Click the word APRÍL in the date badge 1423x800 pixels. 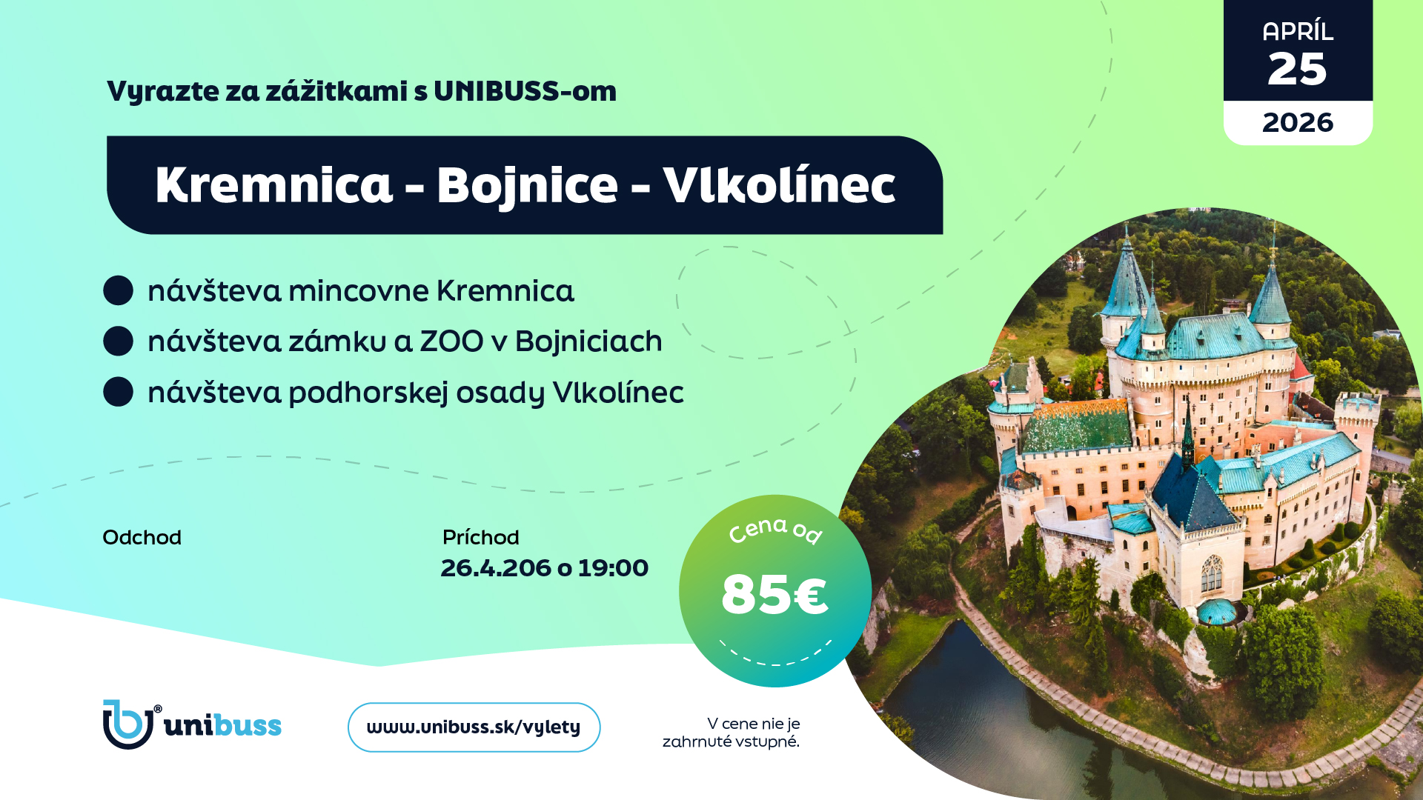coord(1298,31)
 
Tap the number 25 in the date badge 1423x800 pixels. coord(1297,70)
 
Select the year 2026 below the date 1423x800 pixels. coord(1298,122)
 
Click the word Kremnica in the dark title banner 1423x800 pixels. coord(273,184)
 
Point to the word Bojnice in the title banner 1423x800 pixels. coord(527,186)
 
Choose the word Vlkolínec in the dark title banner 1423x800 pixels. coord(779,184)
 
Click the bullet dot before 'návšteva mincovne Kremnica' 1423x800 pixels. coord(119,290)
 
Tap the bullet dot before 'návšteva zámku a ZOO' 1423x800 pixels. coord(119,341)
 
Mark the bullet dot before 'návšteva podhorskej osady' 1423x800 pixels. coord(119,392)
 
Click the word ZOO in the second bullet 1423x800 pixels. coord(451,341)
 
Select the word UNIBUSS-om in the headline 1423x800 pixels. coord(525,91)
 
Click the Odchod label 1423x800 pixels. coord(142,537)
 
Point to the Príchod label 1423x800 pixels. coord(480,537)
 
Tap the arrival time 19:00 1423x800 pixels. coord(613,568)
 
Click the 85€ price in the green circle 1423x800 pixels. coord(774,594)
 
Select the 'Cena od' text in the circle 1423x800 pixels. coord(775,530)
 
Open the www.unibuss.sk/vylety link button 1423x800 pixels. coord(474,727)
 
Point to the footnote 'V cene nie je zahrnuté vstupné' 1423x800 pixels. coord(731,733)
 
